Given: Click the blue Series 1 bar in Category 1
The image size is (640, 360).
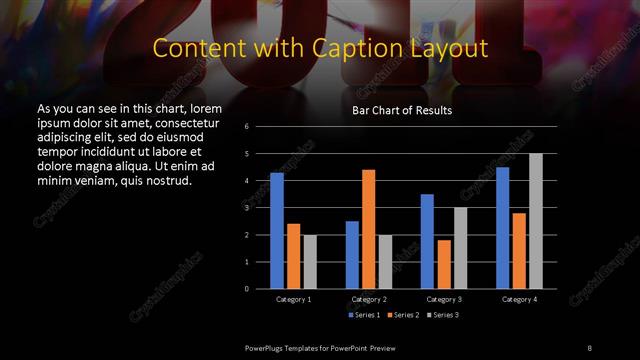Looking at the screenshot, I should tap(277, 231).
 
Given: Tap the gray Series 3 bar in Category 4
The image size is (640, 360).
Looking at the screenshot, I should tap(536, 221).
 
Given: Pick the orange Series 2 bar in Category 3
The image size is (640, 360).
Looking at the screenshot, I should tap(444, 264).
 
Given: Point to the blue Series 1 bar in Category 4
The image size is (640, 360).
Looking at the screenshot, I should tap(503, 228).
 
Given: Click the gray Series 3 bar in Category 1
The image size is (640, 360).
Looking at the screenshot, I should tap(310, 262).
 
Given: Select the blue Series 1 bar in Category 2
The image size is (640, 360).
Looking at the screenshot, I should tap(352, 255).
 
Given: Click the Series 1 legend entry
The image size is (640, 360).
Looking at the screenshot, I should tap(362, 315).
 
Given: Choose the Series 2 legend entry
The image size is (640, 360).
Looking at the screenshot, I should tap(400, 315).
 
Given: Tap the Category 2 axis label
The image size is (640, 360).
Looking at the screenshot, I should tap(369, 299).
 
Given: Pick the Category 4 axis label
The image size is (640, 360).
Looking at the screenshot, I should tap(519, 299).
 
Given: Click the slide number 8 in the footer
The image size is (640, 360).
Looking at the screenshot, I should tap(589, 347).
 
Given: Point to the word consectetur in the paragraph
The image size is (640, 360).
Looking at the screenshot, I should tap(183, 121).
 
